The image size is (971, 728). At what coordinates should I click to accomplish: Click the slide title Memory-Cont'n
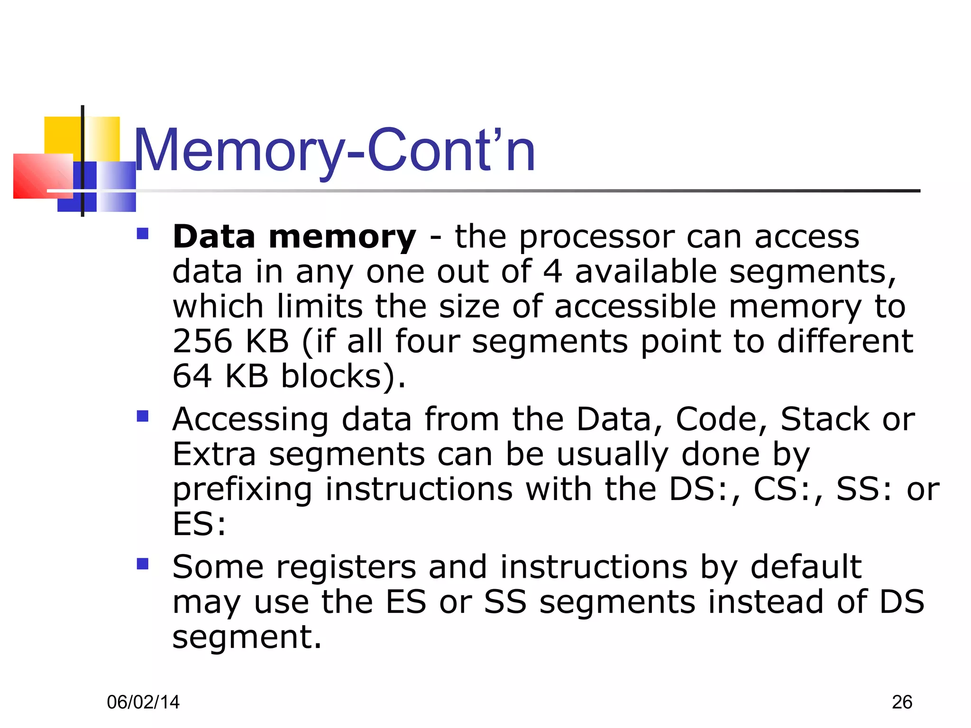(x=334, y=151)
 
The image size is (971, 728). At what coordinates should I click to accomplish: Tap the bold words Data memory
(x=294, y=237)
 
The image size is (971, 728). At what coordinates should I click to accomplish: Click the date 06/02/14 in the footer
(x=143, y=702)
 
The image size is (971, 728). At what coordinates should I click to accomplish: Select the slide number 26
(x=902, y=702)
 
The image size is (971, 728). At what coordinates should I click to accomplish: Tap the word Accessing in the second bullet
(x=250, y=420)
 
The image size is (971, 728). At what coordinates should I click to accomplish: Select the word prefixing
(x=242, y=490)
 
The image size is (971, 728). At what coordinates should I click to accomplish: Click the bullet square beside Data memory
(x=142, y=234)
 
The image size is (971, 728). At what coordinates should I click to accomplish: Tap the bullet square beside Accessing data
(x=142, y=416)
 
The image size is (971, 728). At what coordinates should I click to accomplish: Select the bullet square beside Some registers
(x=142, y=564)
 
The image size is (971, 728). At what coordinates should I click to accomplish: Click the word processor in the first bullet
(x=596, y=237)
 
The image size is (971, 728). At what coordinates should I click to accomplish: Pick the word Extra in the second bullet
(x=214, y=455)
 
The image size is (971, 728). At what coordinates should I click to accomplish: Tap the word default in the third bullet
(x=806, y=567)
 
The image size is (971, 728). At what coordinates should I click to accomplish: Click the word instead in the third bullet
(x=765, y=602)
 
